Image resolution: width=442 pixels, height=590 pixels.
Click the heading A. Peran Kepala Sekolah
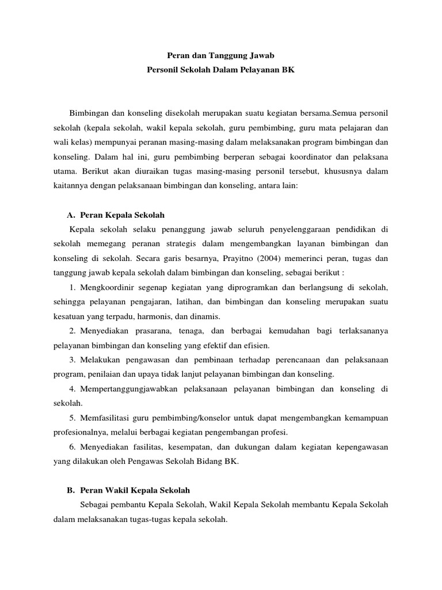coord(116,215)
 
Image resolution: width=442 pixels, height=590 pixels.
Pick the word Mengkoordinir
coord(105,287)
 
